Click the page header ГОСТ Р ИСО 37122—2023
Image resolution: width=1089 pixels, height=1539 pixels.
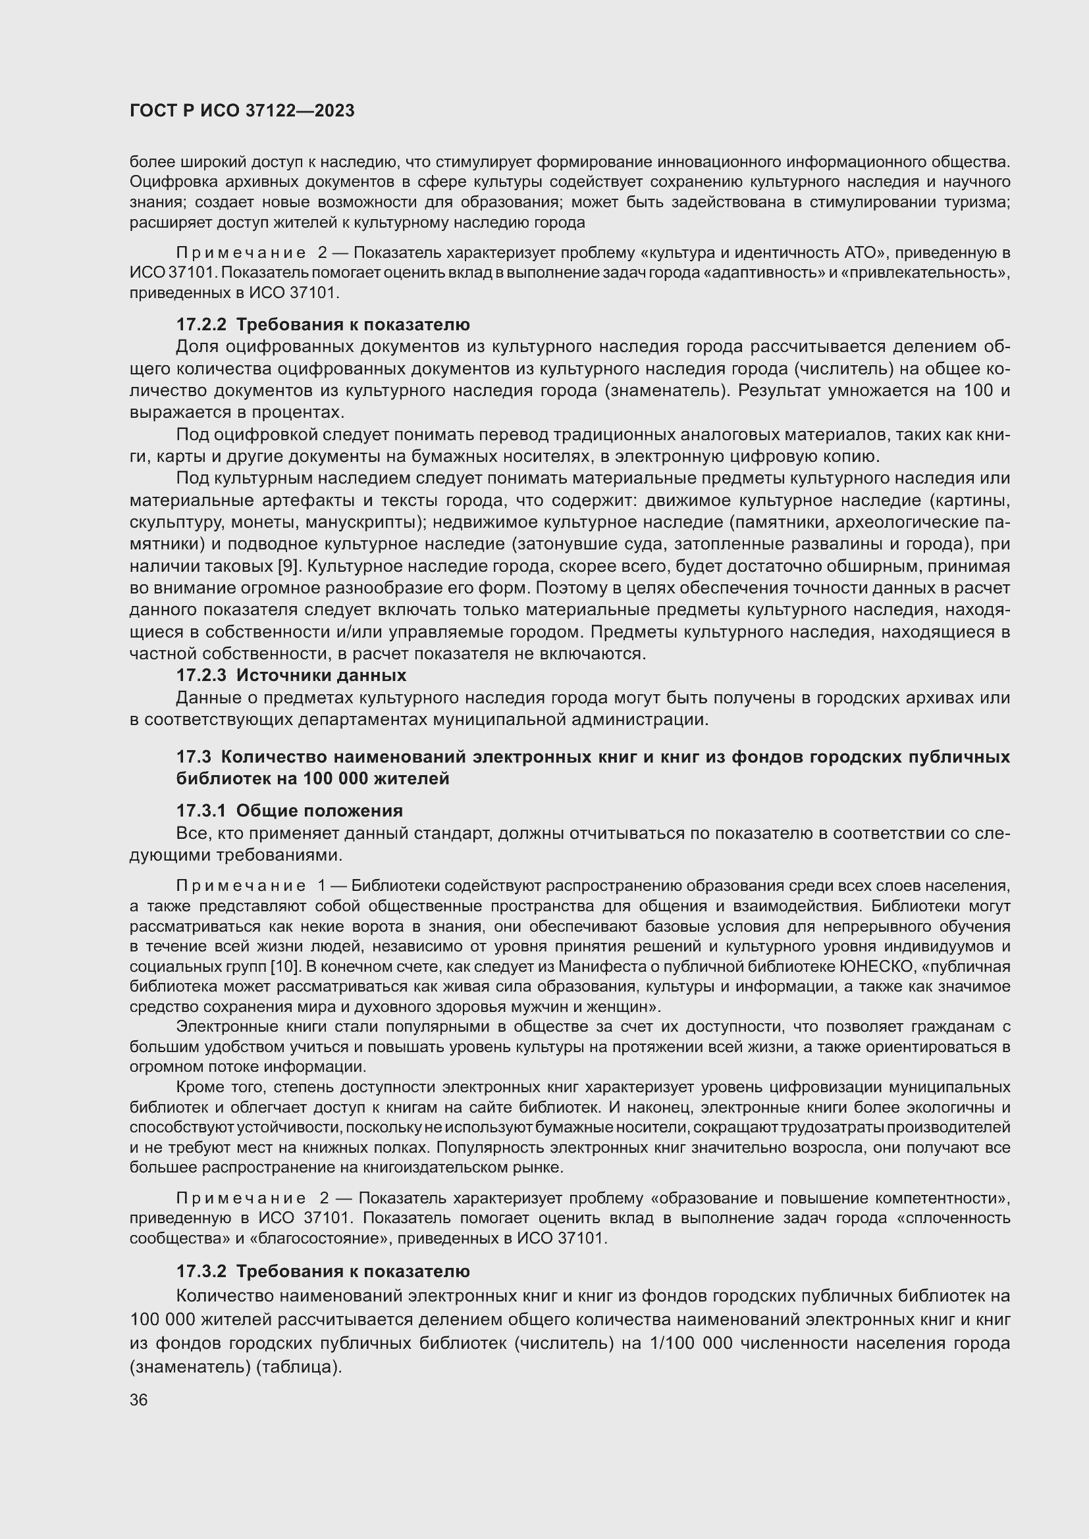point(242,111)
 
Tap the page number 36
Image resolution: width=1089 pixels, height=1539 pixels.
point(139,1400)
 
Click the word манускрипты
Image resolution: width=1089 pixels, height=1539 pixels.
point(365,522)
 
